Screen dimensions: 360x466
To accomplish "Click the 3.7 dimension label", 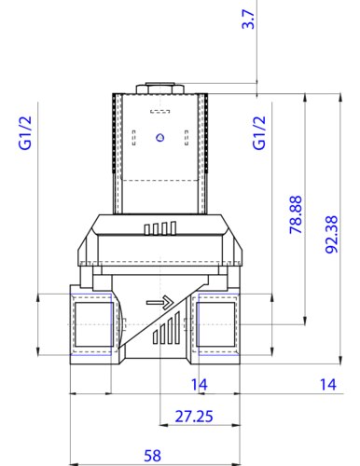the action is [248, 20].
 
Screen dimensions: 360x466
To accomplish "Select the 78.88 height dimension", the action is [296, 214].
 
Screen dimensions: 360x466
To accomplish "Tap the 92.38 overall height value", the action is [331, 235].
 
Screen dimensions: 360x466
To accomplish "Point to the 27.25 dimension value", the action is [194, 417].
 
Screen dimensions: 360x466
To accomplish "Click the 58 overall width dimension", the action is [152, 456].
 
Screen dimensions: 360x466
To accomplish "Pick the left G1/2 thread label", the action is [25, 132].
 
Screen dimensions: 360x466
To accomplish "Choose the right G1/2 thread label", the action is [259, 132].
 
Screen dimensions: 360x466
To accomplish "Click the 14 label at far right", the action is [328, 385].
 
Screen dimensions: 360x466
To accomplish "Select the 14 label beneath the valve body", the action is [199, 385].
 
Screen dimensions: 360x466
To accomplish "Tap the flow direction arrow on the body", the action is [159, 302].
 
